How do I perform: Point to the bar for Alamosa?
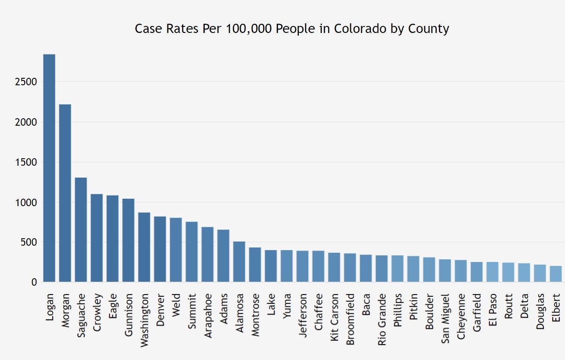pyautogui.click(x=239, y=262)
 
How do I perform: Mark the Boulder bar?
pyautogui.click(x=429, y=269)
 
